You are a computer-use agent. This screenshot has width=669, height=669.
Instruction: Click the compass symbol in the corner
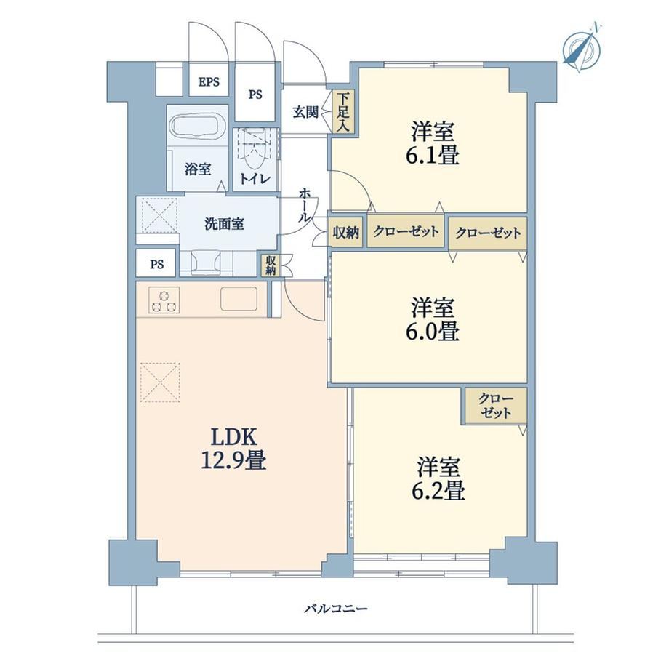(x=582, y=47)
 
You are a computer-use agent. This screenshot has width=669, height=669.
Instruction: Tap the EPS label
(x=209, y=81)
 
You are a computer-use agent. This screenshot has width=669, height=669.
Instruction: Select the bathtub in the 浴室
(x=198, y=124)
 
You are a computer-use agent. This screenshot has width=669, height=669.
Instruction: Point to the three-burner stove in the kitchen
(x=164, y=300)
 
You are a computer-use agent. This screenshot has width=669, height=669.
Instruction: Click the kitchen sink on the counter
(x=239, y=299)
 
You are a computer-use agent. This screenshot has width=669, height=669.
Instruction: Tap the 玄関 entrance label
(x=305, y=112)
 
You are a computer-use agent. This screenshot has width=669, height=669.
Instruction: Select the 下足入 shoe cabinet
(x=343, y=112)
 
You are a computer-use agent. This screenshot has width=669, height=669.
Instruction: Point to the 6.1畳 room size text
(x=432, y=155)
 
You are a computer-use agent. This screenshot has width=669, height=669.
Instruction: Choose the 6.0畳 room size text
(x=432, y=331)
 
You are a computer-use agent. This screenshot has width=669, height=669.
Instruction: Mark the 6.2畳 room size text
(x=438, y=490)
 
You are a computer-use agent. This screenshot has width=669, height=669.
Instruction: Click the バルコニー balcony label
(x=336, y=608)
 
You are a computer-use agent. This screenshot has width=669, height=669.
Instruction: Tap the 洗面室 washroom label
(x=225, y=223)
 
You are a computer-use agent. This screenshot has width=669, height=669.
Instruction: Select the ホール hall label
(x=304, y=205)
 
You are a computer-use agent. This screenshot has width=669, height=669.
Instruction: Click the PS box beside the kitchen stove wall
(x=157, y=264)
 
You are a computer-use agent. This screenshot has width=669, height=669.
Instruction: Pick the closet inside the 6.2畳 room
(x=494, y=406)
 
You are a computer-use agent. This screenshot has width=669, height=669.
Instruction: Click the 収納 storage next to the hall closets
(x=345, y=233)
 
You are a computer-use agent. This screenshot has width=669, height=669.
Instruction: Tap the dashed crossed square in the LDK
(x=160, y=382)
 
